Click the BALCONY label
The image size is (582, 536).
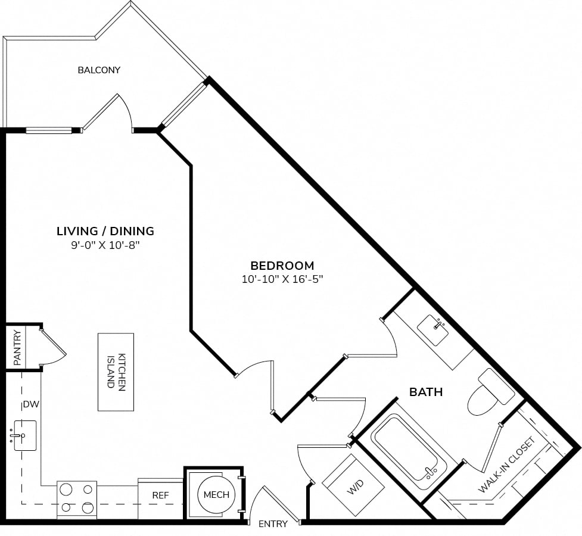pyautogui.click(x=99, y=70)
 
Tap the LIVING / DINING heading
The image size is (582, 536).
pyautogui.click(x=105, y=231)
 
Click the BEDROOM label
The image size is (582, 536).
pyautogui.click(x=282, y=266)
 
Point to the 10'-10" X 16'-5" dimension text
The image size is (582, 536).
pyautogui.click(x=282, y=279)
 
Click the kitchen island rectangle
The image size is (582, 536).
pyautogui.click(x=116, y=372)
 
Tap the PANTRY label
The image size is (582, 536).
pyautogui.click(x=17, y=347)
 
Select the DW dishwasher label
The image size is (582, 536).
pyautogui.click(x=31, y=404)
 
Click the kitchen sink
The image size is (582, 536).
pyautogui.click(x=24, y=435)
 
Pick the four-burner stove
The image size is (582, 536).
pyautogui.click(x=77, y=500)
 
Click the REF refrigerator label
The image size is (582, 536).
pyautogui.click(x=160, y=496)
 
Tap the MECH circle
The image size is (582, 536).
pyautogui.click(x=216, y=494)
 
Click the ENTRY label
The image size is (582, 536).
pyautogui.click(x=273, y=523)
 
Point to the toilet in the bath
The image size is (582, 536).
pyautogui.click(x=491, y=392)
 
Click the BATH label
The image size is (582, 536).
pyautogui.click(x=426, y=392)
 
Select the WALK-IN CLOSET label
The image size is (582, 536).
pyautogui.click(x=507, y=465)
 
